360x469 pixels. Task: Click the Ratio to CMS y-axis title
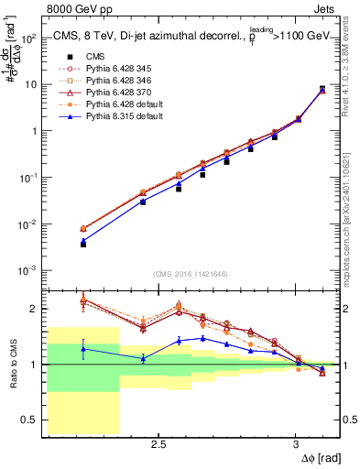coord(13,364)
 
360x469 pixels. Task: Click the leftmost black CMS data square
coord(83,245)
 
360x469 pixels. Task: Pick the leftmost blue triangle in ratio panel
coord(83,349)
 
